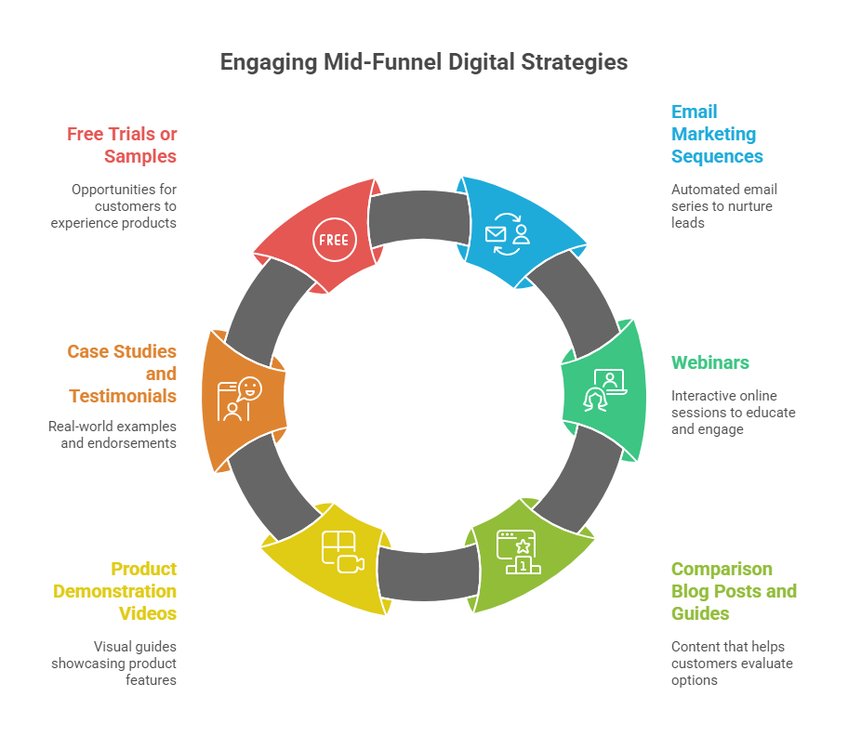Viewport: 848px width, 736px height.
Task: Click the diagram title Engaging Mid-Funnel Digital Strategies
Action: click(x=424, y=62)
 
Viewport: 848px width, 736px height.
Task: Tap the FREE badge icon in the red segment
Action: click(x=333, y=239)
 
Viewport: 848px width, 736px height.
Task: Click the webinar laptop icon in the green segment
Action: click(x=604, y=388)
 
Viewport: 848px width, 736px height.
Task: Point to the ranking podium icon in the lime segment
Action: click(x=516, y=552)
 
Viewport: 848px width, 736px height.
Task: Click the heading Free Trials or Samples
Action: click(x=122, y=145)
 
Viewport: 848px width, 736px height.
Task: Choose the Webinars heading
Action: click(x=710, y=362)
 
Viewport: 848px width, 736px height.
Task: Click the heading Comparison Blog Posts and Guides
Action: click(x=734, y=591)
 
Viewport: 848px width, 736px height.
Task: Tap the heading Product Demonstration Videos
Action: click(x=114, y=591)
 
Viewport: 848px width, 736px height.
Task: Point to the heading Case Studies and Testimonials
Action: click(x=122, y=374)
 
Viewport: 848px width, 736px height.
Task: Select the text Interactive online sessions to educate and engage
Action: click(x=733, y=412)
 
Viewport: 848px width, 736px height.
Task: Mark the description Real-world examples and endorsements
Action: click(x=113, y=434)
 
